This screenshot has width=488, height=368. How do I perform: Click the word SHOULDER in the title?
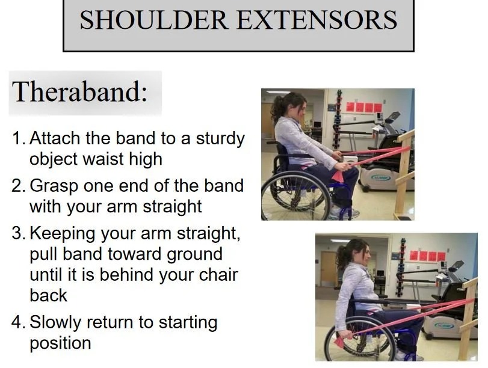click(x=154, y=20)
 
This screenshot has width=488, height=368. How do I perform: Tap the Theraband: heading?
click(x=79, y=91)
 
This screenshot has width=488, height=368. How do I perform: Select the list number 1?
click(x=18, y=138)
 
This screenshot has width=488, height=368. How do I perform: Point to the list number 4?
click(x=18, y=322)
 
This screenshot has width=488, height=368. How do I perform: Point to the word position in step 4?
click(x=60, y=344)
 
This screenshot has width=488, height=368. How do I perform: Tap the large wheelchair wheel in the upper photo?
click(x=295, y=195)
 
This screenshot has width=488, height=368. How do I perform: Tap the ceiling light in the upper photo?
click(x=277, y=91)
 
